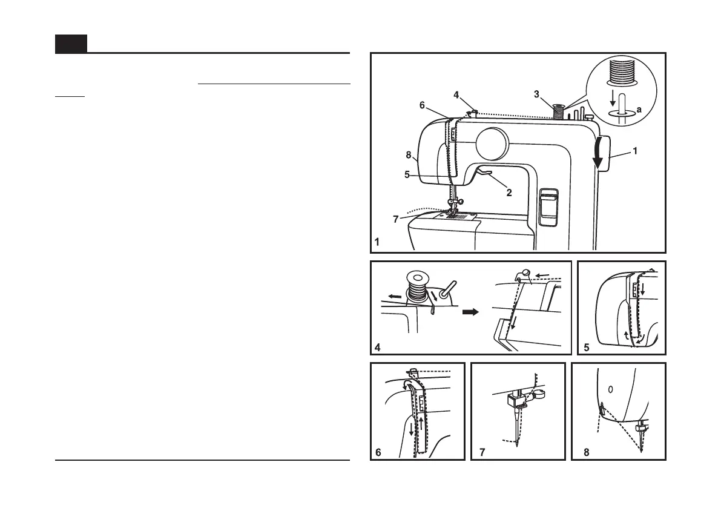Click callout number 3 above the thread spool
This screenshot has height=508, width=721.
click(x=536, y=94)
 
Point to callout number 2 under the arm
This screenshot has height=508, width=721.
click(x=509, y=193)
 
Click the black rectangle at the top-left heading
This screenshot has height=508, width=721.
click(x=71, y=44)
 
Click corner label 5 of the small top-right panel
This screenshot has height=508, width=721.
click(x=587, y=348)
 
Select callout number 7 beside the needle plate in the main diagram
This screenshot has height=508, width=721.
click(x=395, y=219)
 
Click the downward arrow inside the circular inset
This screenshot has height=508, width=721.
click(x=613, y=98)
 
